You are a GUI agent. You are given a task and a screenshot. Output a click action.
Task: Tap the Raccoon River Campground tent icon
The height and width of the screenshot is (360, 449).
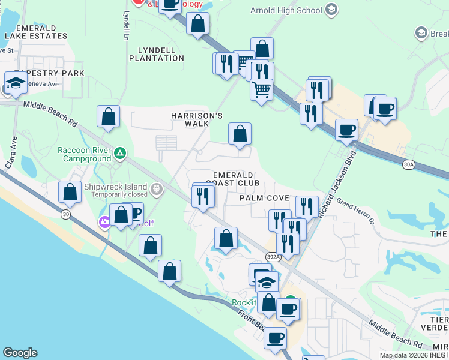[x=120, y=154]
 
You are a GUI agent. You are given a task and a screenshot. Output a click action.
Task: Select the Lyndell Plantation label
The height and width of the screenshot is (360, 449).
[x=157, y=54]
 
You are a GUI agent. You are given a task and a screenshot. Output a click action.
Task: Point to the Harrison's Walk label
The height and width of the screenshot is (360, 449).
[x=189, y=119]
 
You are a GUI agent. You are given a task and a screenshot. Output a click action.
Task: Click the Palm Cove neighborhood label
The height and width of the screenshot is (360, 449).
[x=265, y=198]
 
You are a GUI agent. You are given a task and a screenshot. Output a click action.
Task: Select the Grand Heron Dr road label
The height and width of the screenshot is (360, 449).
[x=355, y=212]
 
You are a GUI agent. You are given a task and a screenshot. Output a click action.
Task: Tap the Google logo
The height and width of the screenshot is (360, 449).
[x=20, y=353]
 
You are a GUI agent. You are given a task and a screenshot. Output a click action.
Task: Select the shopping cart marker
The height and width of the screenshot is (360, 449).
[x=261, y=90]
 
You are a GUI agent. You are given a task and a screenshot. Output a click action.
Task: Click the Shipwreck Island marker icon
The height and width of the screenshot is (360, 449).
[x=157, y=190]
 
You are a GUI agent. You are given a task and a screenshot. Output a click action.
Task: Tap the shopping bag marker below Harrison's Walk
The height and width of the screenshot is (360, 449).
[x=240, y=134]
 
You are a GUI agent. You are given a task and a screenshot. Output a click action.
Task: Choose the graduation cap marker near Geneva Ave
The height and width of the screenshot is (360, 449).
[x=16, y=83]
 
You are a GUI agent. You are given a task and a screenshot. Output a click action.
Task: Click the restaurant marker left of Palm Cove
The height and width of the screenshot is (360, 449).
[x=203, y=196]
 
